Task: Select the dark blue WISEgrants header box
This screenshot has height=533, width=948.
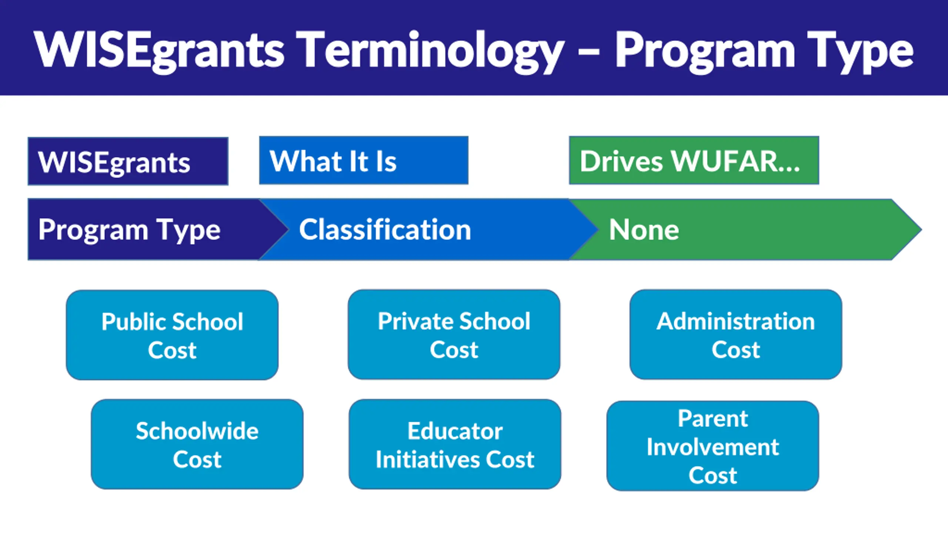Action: (128, 161)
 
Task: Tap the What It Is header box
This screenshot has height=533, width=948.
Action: (363, 161)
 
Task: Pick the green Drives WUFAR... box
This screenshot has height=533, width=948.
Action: (694, 161)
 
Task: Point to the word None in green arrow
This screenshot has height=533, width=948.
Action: (644, 230)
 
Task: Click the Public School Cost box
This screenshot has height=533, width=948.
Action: (172, 335)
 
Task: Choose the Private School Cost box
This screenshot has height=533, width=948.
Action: (454, 335)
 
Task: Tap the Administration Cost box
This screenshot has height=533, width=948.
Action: (736, 335)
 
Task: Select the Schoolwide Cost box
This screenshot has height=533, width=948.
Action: (197, 444)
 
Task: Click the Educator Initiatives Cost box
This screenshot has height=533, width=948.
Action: (455, 444)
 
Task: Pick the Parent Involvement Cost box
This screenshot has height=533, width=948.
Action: (712, 446)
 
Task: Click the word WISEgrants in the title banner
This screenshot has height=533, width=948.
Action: (159, 50)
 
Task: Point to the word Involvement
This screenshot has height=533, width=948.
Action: (713, 447)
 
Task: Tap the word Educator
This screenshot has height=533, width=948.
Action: (455, 431)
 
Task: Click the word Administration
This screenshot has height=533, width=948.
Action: (736, 321)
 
